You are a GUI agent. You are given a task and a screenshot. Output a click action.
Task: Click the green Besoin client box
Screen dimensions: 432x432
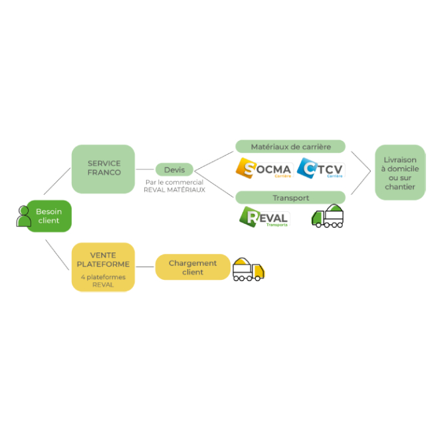[x=47, y=216]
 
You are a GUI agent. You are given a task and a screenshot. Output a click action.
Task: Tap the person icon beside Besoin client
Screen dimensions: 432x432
[x=25, y=216]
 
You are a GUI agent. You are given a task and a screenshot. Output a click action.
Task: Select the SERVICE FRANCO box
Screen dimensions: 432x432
[x=104, y=168]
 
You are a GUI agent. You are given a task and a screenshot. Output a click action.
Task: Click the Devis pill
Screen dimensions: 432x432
[x=174, y=169]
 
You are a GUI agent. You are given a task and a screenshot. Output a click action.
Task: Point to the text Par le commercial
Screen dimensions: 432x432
[x=174, y=181]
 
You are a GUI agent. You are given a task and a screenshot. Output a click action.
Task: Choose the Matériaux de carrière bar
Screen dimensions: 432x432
[x=290, y=146]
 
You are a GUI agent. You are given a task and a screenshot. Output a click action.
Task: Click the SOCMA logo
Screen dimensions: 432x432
[x=264, y=168]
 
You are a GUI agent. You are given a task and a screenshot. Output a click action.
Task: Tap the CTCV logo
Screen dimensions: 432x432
[x=320, y=168]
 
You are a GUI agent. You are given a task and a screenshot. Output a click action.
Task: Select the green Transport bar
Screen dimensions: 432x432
[x=290, y=197]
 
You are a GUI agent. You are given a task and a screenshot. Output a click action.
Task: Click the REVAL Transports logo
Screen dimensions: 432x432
[x=264, y=217]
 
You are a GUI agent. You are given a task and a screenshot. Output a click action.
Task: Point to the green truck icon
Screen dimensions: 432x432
[x=328, y=217]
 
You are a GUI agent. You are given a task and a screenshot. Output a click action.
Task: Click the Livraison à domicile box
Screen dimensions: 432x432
[x=399, y=173]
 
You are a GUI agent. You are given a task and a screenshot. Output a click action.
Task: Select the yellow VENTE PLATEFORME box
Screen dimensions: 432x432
[x=103, y=267]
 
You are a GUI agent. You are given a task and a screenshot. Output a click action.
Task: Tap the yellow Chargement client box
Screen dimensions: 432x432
[x=193, y=267]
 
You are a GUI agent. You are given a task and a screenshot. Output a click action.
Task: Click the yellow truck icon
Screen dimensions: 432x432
[x=249, y=269]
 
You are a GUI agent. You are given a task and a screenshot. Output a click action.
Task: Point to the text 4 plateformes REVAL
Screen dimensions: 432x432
[x=103, y=280]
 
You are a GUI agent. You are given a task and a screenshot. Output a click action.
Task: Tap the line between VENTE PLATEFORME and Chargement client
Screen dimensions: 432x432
[x=145, y=267]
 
